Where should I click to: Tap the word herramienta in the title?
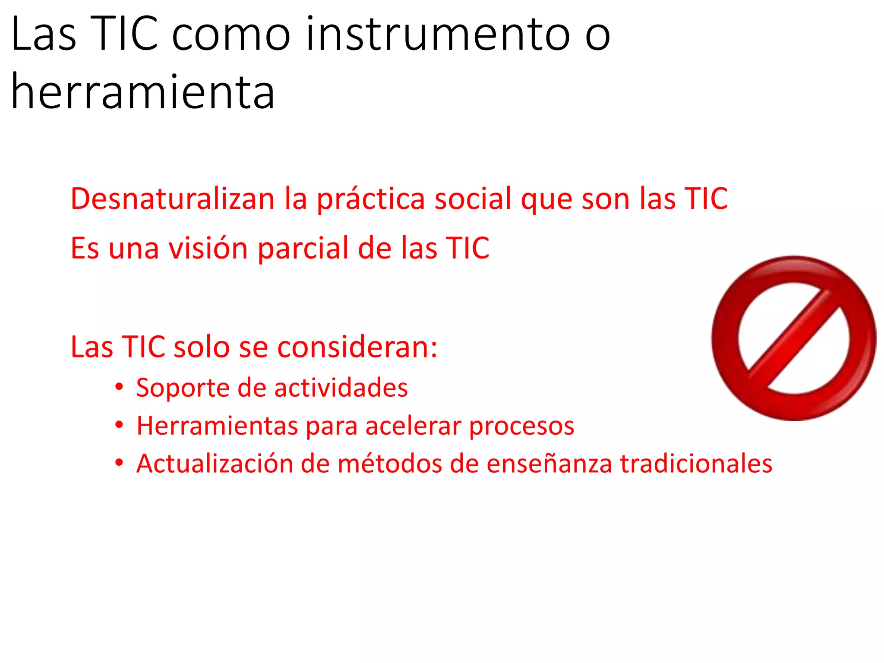[x=143, y=92]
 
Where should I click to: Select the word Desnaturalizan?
[x=173, y=199]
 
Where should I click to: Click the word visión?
[x=208, y=249]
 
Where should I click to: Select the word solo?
[x=201, y=347]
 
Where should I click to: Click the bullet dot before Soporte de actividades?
[x=119, y=387]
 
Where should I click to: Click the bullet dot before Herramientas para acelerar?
[x=119, y=425]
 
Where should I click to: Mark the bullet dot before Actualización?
[x=119, y=463]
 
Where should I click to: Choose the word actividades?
[x=341, y=388]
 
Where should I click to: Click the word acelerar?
[x=414, y=426]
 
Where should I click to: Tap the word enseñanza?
[x=549, y=464]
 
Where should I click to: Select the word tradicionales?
[x=696, y=464]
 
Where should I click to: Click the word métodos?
[x=390, y=464]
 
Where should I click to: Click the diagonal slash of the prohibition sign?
[x=793, y=338]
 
